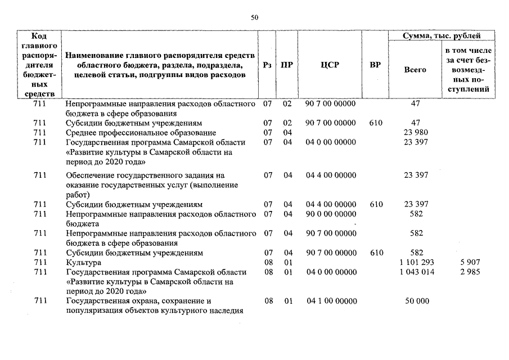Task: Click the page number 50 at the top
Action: coord(254,17)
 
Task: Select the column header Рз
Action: coord(268,65)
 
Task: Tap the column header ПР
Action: coord(287,65)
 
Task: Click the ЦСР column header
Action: coord(330,65)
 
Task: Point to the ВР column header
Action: coord(375,65)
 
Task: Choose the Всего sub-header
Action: coord(415,70)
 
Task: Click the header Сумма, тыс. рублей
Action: coord(442,36)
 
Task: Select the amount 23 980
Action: coord(416,133)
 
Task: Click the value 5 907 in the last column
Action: coord(469,263)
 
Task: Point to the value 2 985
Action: coord(469,272)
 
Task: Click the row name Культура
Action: coord(83,263)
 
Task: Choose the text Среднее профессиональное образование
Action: coord(141,133)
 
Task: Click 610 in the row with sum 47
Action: coord(376,123)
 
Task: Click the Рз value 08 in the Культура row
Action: coord(268,263)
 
